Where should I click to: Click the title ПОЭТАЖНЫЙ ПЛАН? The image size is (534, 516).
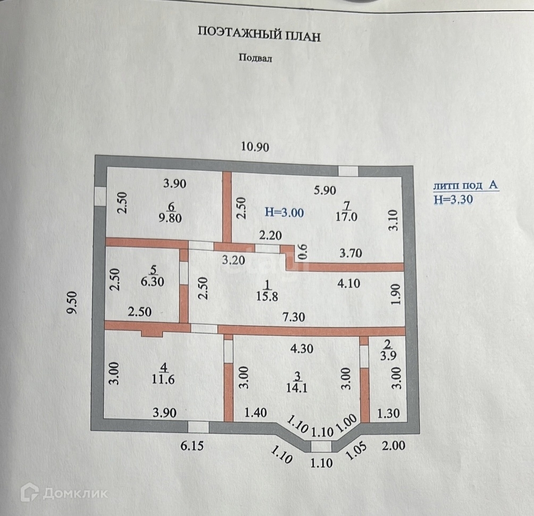[260, 35]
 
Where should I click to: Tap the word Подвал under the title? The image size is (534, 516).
[255, 59]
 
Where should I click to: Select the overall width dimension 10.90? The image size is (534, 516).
[255, 147]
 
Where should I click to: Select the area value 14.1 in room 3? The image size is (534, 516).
[297, 388]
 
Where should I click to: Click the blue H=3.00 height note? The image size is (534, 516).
[284, 213]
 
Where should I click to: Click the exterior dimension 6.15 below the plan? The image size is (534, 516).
[190, 447]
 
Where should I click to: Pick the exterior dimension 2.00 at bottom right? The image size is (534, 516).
[394, 446]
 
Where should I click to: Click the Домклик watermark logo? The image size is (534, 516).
[64, 493]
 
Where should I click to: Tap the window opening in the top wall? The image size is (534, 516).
[348, 171]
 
